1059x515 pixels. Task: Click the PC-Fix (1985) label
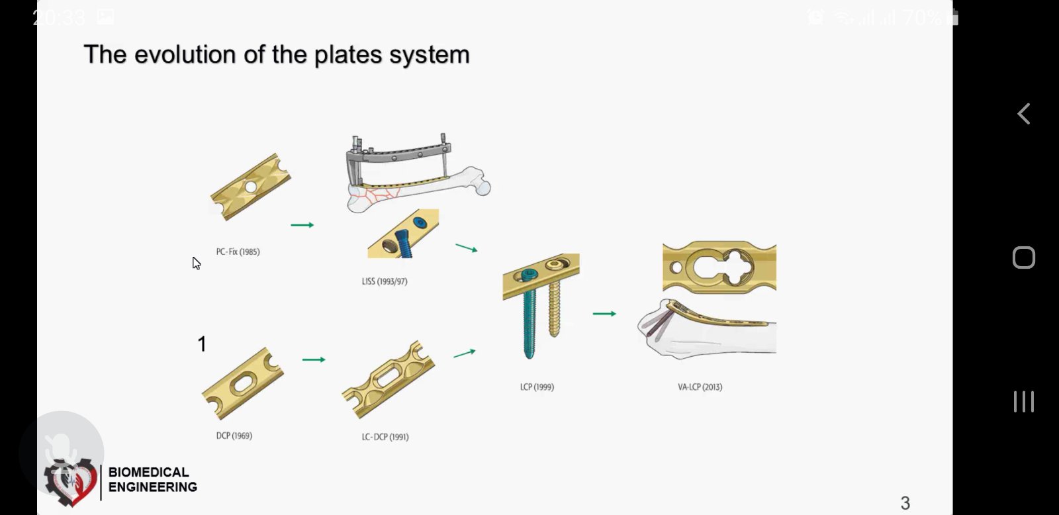click(x=238, y=252)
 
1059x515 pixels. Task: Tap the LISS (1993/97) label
click(x=385, y=281)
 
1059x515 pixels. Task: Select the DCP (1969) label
click(x=234, y=436)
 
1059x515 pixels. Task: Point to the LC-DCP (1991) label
click(x=385, y=437)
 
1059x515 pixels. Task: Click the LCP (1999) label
click(x=537, y=387)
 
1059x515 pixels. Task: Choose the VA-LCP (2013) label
click(x=700, y=387)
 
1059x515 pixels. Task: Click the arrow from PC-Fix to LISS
click(x=302, y=225)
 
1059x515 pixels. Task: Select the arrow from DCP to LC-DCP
click(x=314, y=360)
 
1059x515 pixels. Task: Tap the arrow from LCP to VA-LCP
click(x=604, y=314)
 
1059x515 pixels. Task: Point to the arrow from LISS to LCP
click(x=467, y=248)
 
